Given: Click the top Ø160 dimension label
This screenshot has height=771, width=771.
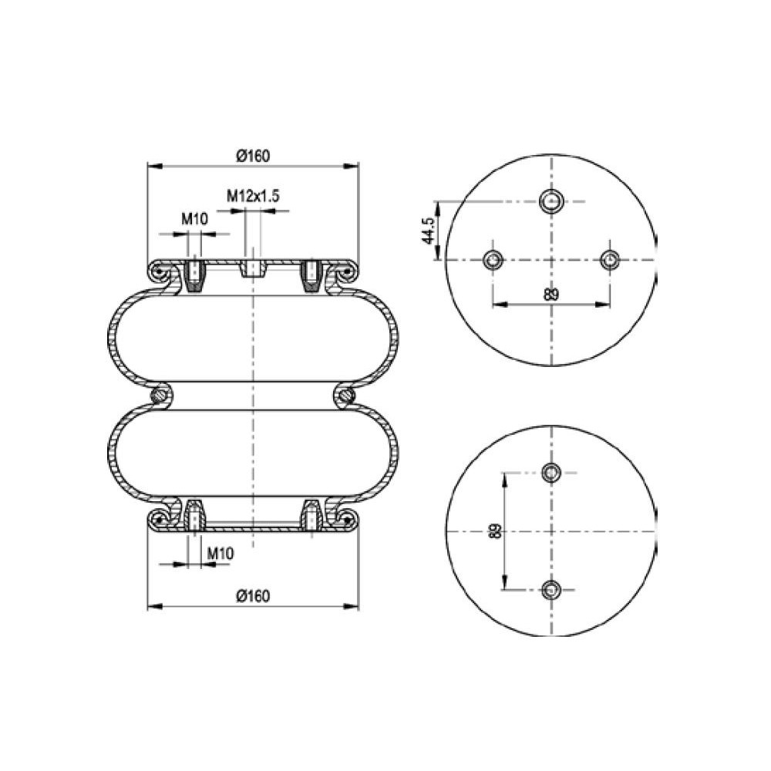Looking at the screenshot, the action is coord(253,156).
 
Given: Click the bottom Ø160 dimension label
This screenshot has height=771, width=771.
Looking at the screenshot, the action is coord(253,596).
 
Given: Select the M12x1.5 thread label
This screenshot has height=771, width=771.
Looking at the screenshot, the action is coord(253,196).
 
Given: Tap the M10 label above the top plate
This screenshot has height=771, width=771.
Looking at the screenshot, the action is coord(195,219).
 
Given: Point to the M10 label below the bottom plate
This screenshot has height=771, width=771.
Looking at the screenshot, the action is coord(220,553).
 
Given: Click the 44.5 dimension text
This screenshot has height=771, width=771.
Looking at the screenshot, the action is coord(428,231).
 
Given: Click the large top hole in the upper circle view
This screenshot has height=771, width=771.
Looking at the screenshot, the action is coord(552,200).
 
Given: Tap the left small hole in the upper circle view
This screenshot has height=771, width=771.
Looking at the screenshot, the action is coord(493,259).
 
